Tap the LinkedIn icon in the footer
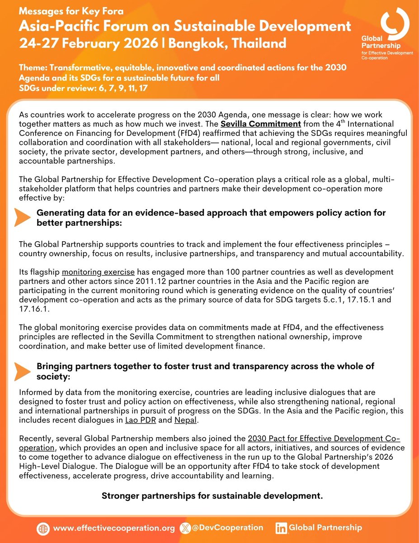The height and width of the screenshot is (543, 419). (281, 528)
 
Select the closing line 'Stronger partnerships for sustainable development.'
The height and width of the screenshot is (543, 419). (212, 495)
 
